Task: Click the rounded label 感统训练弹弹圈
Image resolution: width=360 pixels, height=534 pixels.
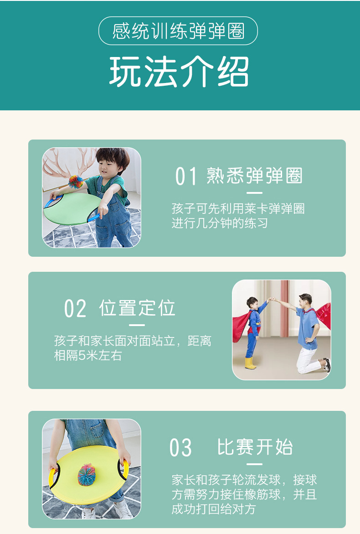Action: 178,31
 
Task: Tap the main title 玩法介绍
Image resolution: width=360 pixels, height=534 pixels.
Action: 179,72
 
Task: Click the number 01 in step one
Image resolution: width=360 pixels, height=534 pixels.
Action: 186,176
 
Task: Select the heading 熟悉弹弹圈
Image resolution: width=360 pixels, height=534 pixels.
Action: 254,176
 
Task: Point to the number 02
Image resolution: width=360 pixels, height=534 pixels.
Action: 75,309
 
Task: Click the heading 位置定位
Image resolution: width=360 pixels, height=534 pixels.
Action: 137,308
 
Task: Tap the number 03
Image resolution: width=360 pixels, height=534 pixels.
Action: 180,448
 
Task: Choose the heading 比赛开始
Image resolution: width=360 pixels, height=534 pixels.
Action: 255,447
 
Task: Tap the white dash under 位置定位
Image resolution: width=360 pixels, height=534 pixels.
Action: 137,325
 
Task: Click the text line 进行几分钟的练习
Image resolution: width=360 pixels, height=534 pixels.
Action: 220,223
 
